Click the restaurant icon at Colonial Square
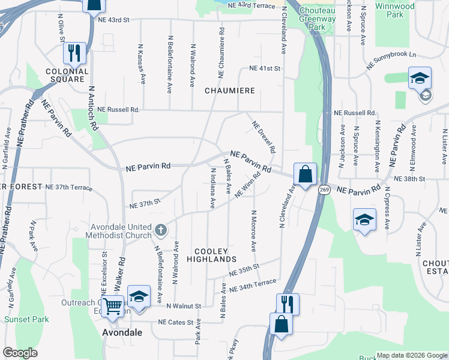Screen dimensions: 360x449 75,53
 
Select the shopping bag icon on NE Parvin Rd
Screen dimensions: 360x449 305,175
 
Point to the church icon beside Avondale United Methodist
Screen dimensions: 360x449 160,229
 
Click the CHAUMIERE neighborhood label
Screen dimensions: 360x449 230,91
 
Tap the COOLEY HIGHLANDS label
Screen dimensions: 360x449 211,255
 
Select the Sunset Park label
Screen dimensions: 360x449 26,319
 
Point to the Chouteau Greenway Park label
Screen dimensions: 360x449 318,19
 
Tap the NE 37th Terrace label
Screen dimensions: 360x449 69,187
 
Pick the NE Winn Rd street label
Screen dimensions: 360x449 248,185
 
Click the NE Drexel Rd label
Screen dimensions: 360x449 264,137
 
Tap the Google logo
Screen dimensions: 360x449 20,353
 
